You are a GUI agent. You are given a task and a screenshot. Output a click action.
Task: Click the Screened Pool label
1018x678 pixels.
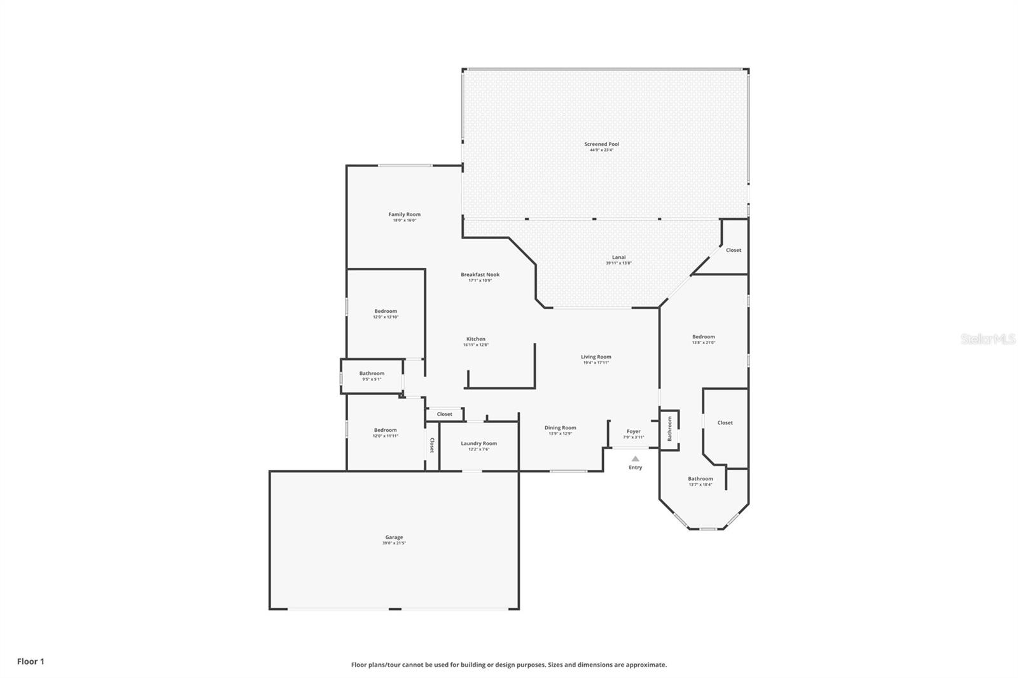pos(601,144)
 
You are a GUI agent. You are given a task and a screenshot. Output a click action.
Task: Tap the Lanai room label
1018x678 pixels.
pos(618,258)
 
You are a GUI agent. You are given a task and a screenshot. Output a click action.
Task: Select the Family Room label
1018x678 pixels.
pos(404,214)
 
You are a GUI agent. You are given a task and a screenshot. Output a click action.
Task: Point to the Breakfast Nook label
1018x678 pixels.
pos(480,275)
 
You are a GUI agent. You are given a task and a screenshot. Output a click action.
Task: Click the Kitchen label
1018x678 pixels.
pos(475,339)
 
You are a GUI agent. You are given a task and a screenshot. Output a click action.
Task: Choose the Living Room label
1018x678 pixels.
pos(596,357)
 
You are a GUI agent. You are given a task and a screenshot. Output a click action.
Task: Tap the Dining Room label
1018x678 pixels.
pos(560,428)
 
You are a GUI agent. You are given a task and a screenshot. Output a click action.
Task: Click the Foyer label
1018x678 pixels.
pos(633,431)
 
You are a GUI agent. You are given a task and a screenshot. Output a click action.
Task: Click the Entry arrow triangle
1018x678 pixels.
pos(635,459)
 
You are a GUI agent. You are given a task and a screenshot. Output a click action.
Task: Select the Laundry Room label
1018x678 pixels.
pos(478,443)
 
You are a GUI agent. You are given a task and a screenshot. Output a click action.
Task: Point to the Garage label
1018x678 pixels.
pos(394,537)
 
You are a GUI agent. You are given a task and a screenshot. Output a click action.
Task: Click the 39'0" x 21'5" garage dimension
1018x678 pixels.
pos(394,543)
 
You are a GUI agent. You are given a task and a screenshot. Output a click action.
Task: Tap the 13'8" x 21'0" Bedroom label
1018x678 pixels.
pos(703,337)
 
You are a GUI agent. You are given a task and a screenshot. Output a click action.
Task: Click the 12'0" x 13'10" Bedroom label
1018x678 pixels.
pos(386,312)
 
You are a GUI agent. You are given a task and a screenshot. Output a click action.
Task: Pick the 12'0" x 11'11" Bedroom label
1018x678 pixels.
pos(385,431)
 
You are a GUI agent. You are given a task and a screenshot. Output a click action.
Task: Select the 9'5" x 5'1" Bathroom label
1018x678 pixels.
pos(372,374)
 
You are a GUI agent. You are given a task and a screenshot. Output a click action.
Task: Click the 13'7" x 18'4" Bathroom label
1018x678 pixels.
pos(700,479)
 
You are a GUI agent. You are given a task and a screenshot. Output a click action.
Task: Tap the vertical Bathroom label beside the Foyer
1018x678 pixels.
pos(669,429)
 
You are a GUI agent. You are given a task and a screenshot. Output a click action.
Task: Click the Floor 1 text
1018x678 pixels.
pos(31,661)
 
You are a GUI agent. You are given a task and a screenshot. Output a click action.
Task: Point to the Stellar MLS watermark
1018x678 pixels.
pos(987,339)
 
